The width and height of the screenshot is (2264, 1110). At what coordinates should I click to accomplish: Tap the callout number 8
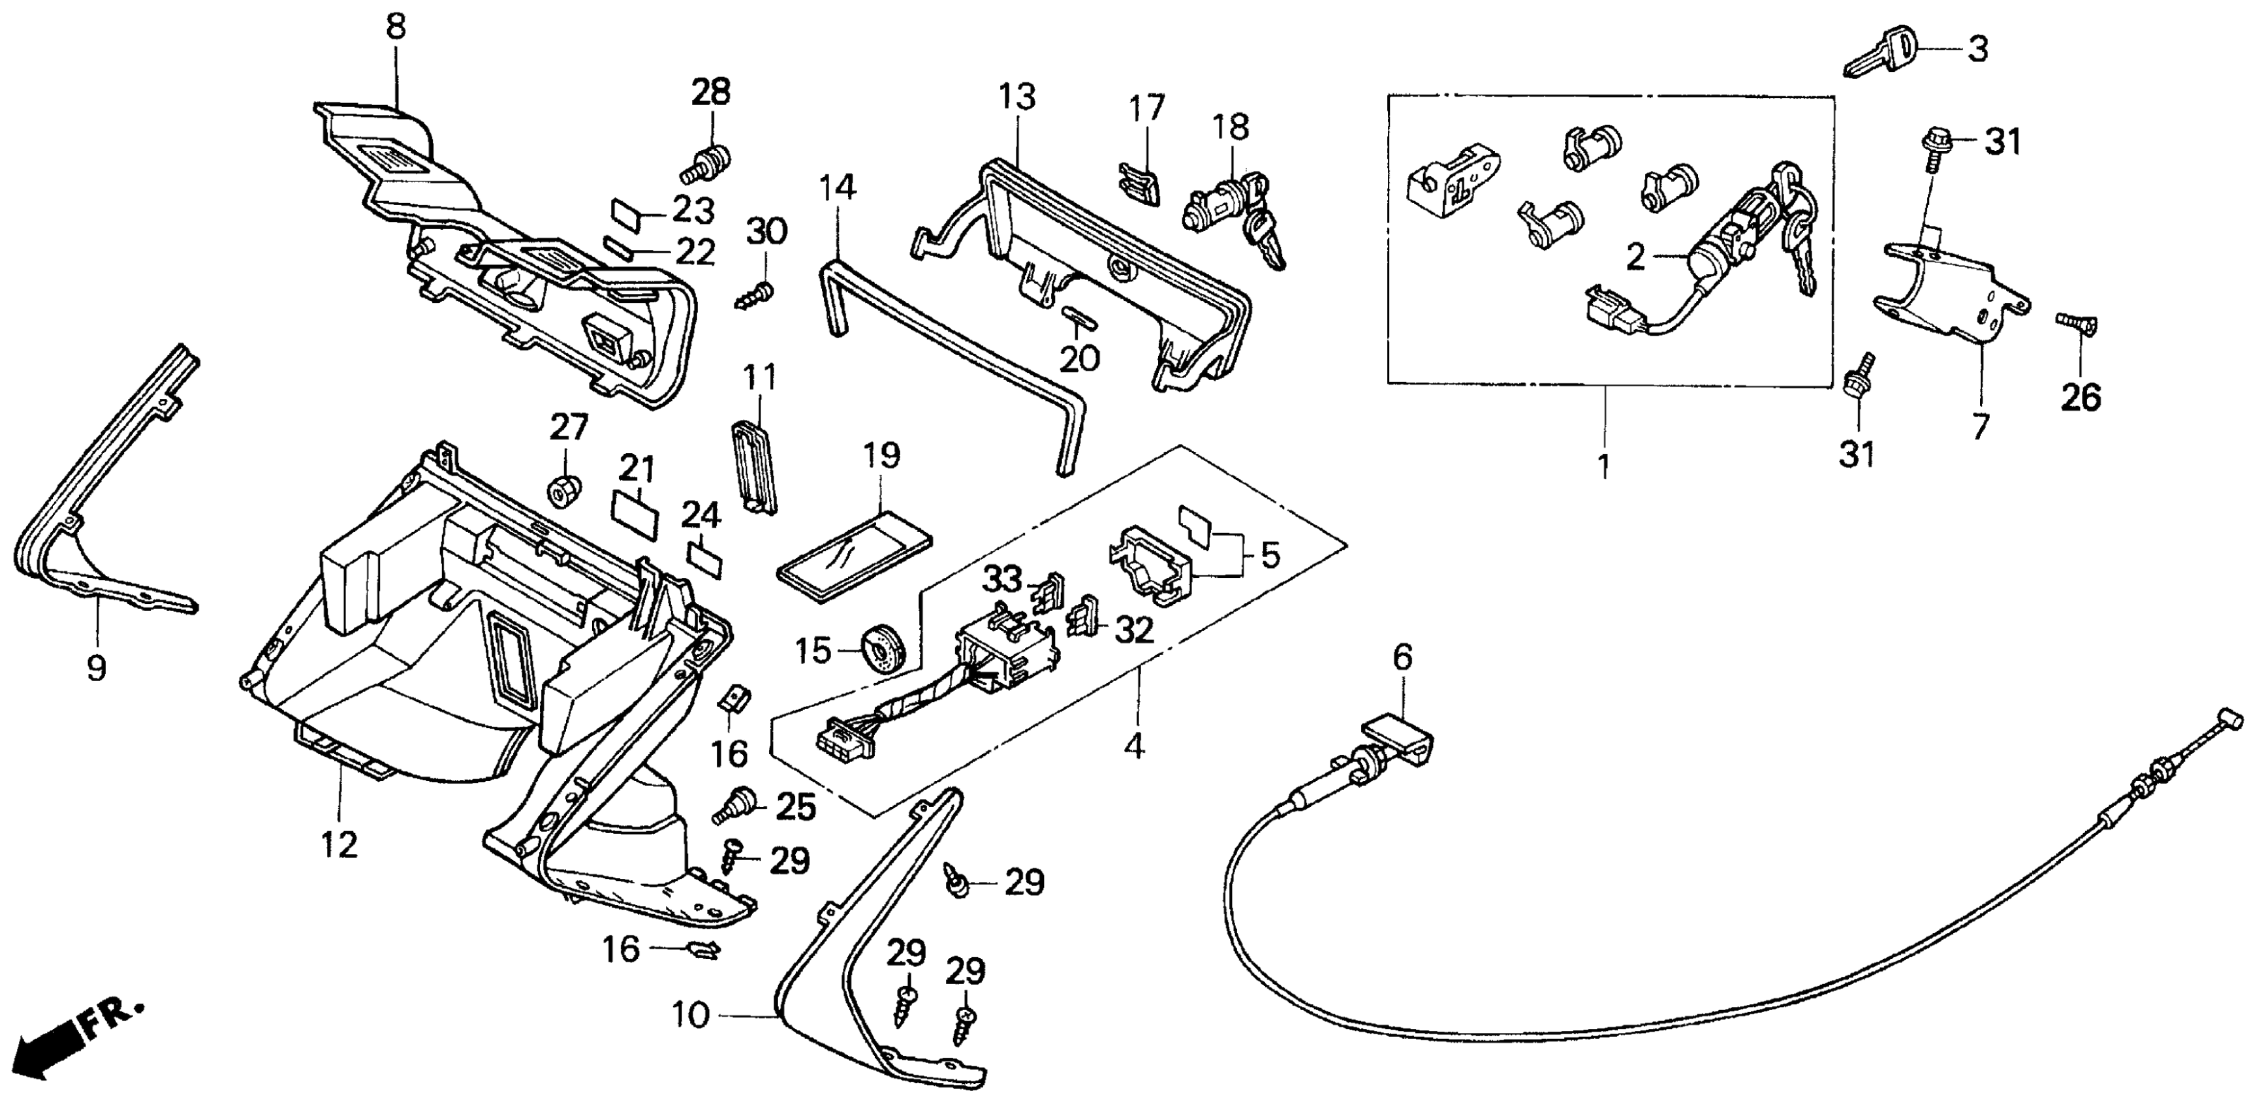(x=396, y=27)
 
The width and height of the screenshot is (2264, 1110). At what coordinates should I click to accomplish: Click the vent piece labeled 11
(x=754, y=465)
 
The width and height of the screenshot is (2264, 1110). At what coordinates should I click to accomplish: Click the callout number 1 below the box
(x=1603, y=466)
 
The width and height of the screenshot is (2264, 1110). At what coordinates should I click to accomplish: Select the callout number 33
(x=1002, y=580)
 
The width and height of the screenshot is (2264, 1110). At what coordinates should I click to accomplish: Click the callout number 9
(x=97, y=669)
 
